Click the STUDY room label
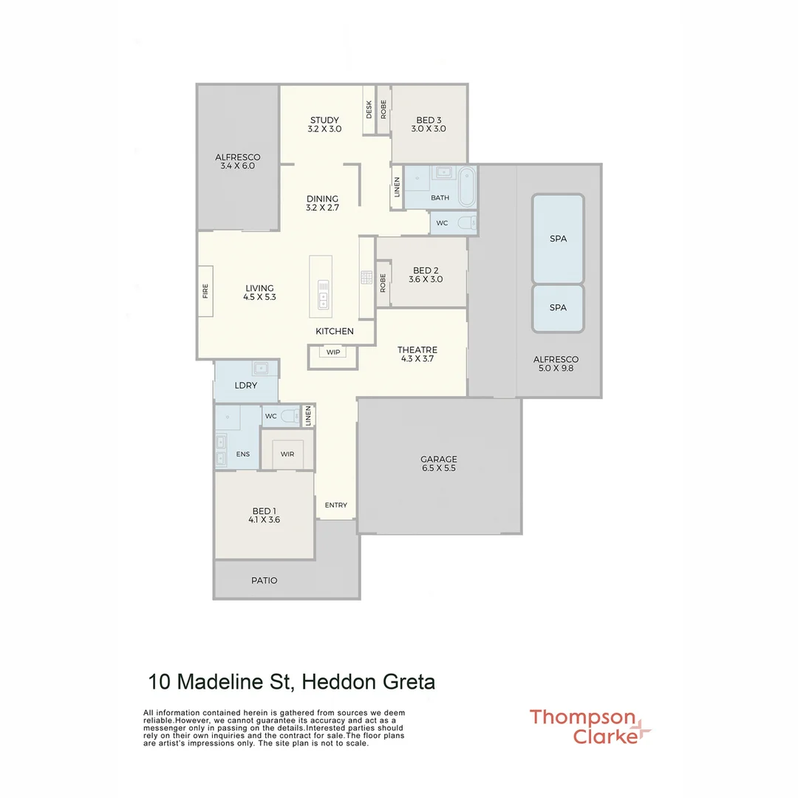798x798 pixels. point(324,120)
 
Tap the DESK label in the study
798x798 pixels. point(369,109)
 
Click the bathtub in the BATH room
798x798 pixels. point(467,187)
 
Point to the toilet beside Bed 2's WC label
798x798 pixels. point(466,222)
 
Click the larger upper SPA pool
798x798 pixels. point(558,239)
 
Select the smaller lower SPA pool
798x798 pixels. point(558,307)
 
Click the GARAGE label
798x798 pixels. point(439,459)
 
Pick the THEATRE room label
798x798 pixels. point(417,349)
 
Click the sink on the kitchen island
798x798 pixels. point(323,293)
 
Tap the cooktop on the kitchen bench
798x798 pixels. point(366,277)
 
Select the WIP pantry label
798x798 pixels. point(333,352)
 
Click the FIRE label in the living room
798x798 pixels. point(206,291)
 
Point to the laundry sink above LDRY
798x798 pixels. point(260,367)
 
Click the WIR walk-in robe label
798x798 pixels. point(287,454)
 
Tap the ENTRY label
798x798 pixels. point(335,505)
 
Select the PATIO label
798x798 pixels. point(264,581)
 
